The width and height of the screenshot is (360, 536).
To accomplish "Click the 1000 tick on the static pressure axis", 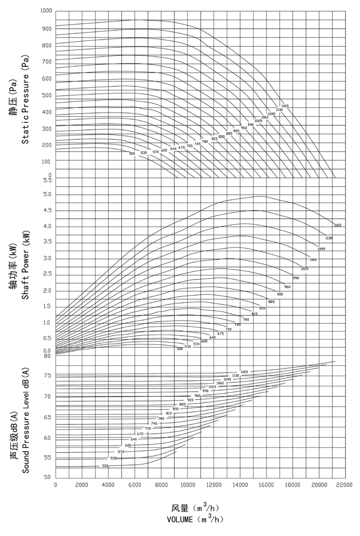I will coord(46,11).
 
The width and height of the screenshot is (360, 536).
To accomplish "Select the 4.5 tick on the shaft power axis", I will coord(47,210).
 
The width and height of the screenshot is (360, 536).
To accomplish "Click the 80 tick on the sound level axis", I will coord(47,356).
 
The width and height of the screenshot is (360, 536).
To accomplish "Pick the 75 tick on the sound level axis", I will coord(47,376).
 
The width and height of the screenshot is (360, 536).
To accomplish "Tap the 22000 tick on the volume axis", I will coord(345,485).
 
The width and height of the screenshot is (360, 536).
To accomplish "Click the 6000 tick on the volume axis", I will coord(134,485).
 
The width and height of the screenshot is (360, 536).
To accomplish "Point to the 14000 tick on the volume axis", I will coord(240,485).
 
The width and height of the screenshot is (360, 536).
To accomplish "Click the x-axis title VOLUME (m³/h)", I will coord(195,519).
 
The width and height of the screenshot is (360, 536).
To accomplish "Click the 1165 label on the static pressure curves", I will coord(285,106).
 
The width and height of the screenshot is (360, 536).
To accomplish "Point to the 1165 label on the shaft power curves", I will coord(337,225).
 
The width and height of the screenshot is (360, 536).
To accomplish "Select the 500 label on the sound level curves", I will coord(105,466).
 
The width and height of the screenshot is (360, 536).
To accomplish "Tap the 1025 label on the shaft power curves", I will coord(304,269).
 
